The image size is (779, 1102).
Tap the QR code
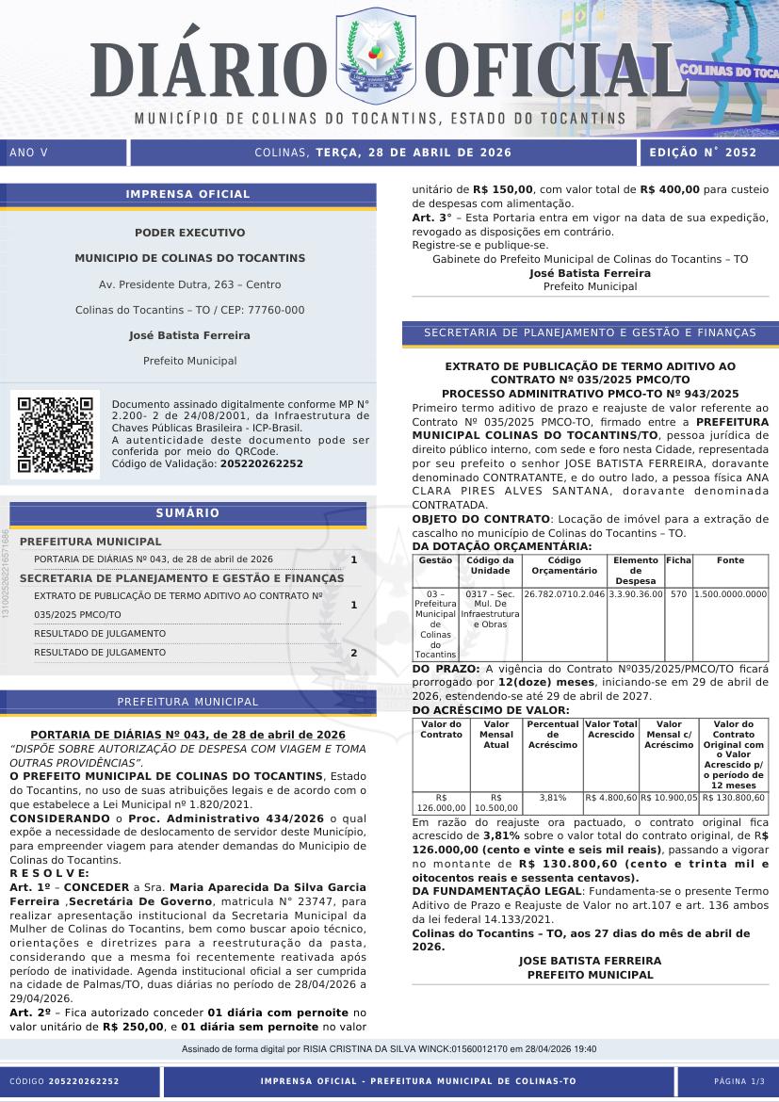click(x=55, y=433)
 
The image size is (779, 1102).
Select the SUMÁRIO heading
click(x=187, y=513)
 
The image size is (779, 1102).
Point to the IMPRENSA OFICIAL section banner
click(x=187, y=194)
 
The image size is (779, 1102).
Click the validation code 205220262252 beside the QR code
click(x=261, y=463)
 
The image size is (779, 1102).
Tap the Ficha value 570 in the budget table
click(x=678, y=594)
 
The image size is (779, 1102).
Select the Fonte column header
click(x=730, y=560)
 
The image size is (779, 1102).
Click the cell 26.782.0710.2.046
click(x=563, y=594)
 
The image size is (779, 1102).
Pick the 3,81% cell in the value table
click(x=552, y=797)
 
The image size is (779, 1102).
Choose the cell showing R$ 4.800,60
click(x=610, y=797)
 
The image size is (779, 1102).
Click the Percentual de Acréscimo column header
click(x=552, y=735)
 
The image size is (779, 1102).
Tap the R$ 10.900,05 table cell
click(x=669, y=797)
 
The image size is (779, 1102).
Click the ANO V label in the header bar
click(x=28, y=153)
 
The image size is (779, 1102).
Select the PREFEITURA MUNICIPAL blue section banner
click(x=187, y=702)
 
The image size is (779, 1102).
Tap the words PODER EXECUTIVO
click(x=189, y=233)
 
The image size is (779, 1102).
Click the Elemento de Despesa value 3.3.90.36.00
click(x=635, y=594)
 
